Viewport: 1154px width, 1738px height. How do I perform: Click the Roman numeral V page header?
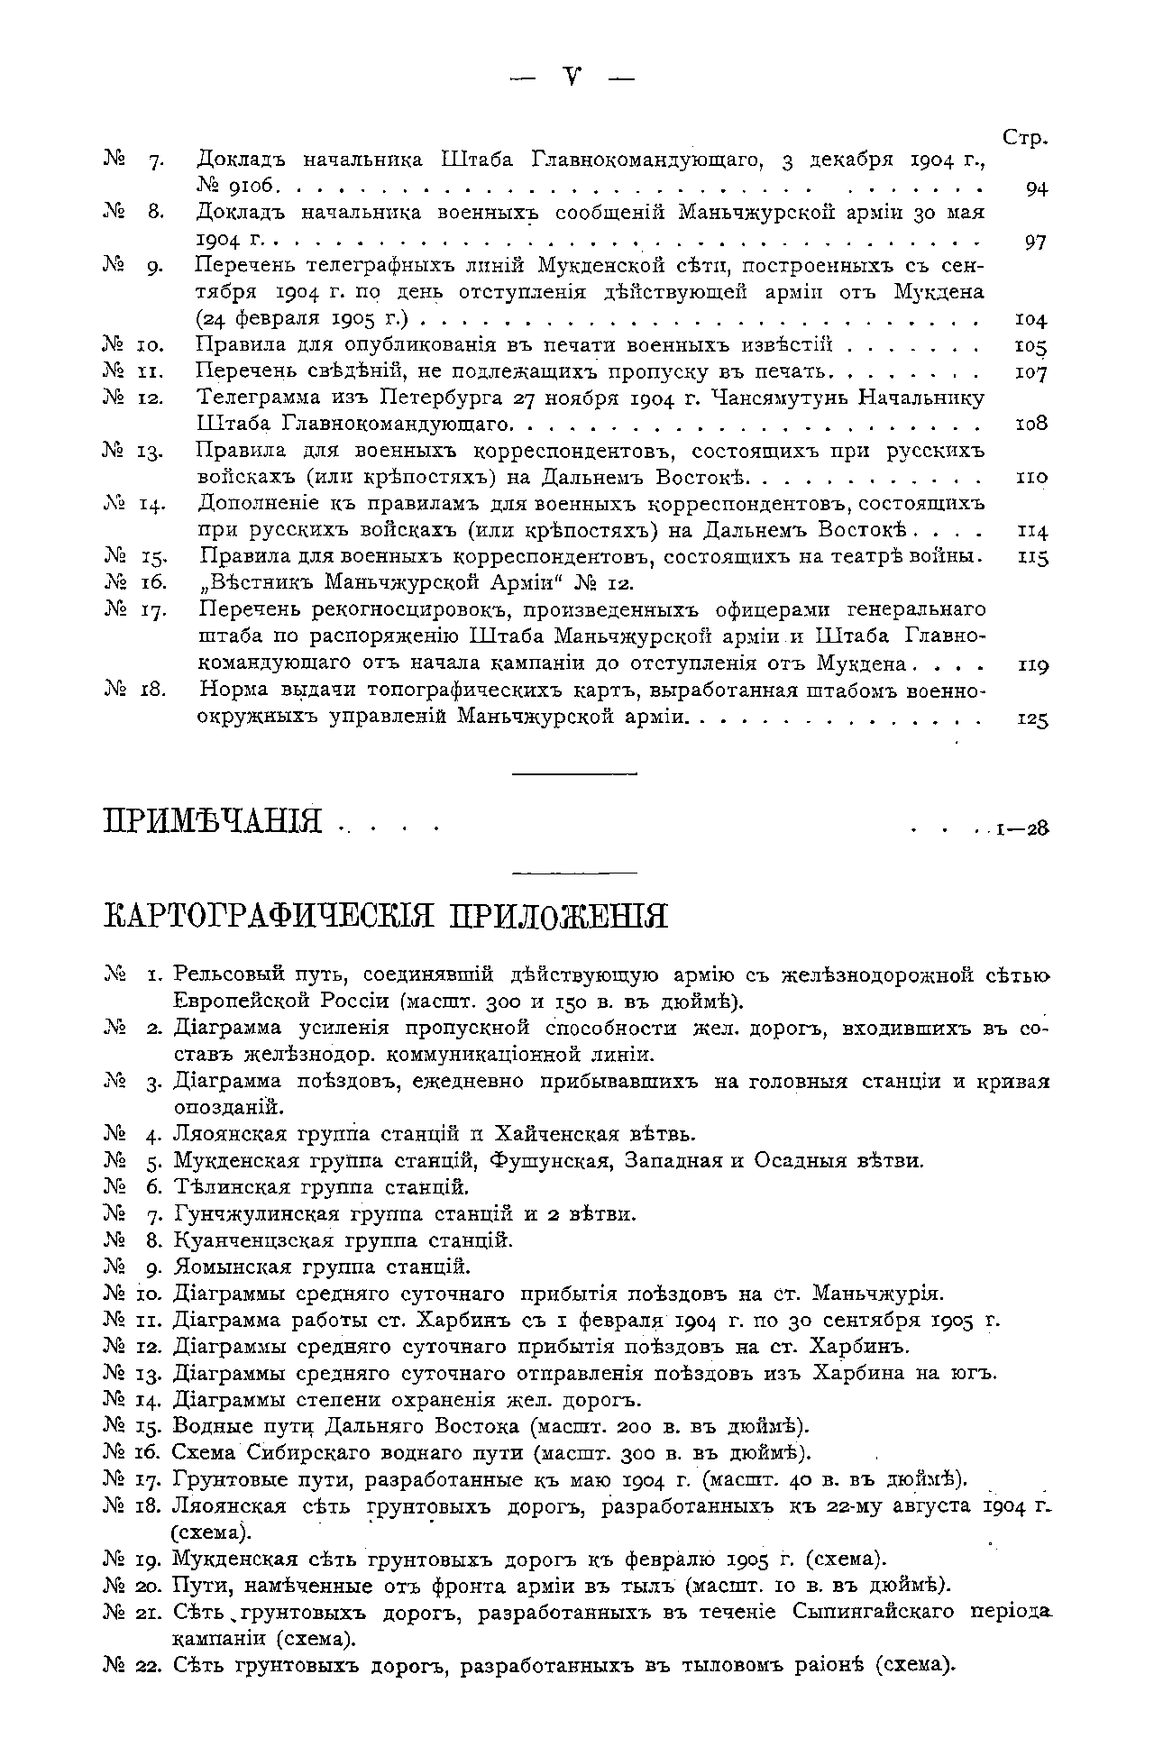point(571,79)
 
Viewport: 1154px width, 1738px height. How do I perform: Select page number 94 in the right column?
point(1036,189)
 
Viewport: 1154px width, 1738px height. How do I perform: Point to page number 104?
point(1030,320)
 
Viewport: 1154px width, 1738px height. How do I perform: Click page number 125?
point(1030,719)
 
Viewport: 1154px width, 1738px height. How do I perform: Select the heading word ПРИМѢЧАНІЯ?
point(214,822)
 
